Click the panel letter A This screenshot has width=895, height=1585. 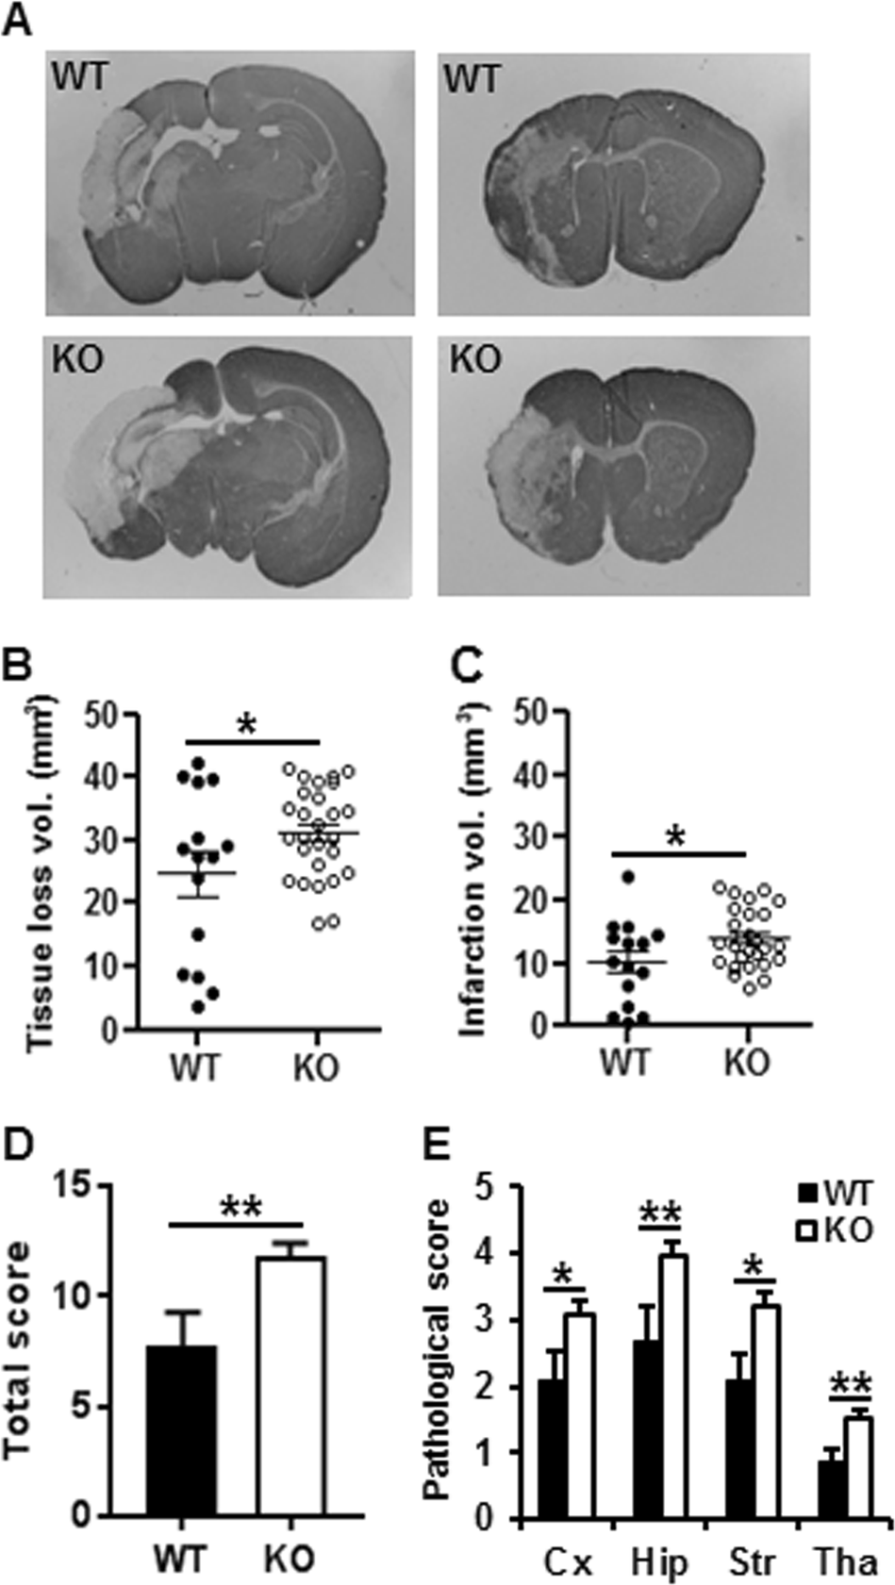point(18,21)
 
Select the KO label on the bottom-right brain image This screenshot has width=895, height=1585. point(476,360)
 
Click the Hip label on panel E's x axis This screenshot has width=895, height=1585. point(659,1562)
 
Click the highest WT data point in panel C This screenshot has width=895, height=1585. point(627,878)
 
